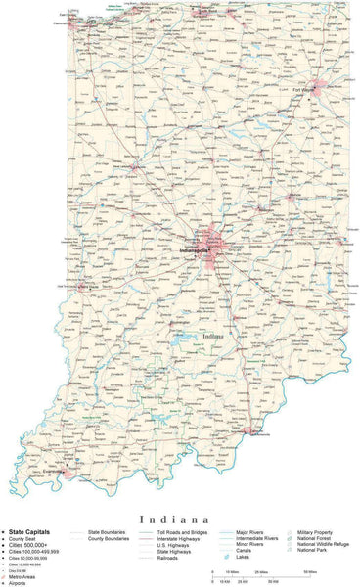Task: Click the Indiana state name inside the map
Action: coord(212,337)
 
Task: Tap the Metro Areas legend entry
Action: coord(21,576)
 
